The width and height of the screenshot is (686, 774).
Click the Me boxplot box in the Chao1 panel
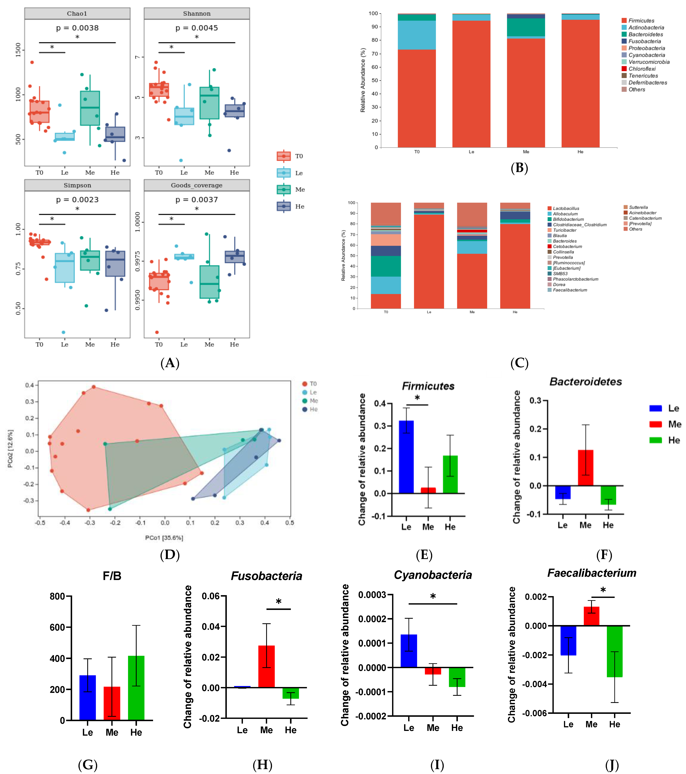click(90, 108)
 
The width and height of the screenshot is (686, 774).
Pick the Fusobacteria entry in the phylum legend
click(644, 41)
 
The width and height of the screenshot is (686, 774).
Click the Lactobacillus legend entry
click(566, 208)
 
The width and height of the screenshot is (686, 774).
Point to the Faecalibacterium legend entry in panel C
click(570, 290)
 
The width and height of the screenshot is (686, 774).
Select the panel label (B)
click(519, 168)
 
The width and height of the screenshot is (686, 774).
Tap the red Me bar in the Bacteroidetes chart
click(585, 468)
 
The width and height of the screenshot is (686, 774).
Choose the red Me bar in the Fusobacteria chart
click(266, 667)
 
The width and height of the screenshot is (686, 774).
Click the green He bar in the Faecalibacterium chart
click(615, 651)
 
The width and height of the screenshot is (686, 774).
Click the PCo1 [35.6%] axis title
click(164, 538)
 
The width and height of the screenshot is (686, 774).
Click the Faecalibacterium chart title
click(592, 573)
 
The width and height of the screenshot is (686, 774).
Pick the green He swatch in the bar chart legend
click(655, 440)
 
